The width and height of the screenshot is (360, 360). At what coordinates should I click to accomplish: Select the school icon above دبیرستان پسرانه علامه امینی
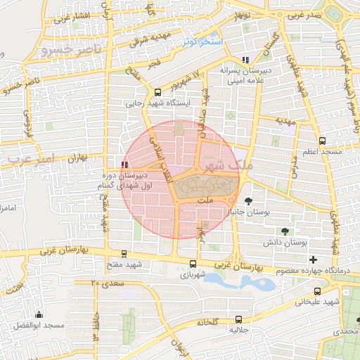point(245,60)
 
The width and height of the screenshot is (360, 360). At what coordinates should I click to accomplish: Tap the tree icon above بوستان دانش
point(285,231)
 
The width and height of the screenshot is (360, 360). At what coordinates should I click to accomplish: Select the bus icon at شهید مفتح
point(124,254)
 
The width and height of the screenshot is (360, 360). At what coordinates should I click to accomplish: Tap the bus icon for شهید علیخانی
point(317,290)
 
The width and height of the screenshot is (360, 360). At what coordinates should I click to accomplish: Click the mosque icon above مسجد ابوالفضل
point(39,315)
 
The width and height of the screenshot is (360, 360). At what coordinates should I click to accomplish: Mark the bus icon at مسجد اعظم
point(322,140)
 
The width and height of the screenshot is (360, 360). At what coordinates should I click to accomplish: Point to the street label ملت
point(205,201)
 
